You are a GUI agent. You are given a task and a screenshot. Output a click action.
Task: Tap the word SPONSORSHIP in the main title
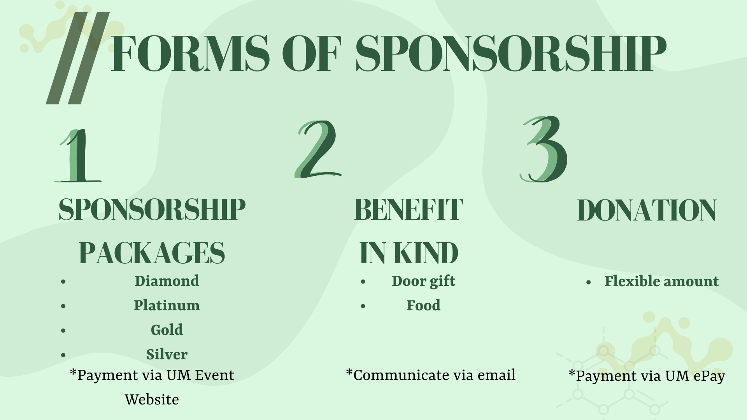click(x=511, y=53)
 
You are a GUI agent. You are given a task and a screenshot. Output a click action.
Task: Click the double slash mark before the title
click(x=77, y=58)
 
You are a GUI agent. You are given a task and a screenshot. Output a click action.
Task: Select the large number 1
click(x=78, y=156)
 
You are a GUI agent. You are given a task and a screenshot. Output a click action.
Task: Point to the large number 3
click(x=544, y=149)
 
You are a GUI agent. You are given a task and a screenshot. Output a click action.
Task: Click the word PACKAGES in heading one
click(x=152, y=253)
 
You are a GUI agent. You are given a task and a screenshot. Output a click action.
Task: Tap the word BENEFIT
click(x=409, y=209)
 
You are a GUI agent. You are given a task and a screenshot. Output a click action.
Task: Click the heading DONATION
click(x=646, y=210)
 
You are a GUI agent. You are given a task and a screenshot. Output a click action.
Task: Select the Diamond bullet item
click(x=167, y=281)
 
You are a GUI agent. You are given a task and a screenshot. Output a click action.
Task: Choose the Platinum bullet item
click(x=167, y=305)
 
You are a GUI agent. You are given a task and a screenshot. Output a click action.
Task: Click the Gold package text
click(x=167, y=330)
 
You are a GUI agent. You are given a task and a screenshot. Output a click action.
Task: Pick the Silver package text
click(x=167, y=354)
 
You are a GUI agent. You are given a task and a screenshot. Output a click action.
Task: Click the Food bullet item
click(x=423, y=305)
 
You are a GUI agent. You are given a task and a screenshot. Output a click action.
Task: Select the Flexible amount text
click(x=661, y=282)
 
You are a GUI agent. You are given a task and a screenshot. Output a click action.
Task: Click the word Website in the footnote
click(x=152, y=399)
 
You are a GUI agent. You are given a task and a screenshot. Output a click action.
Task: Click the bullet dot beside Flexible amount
click(x=589, y=282)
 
